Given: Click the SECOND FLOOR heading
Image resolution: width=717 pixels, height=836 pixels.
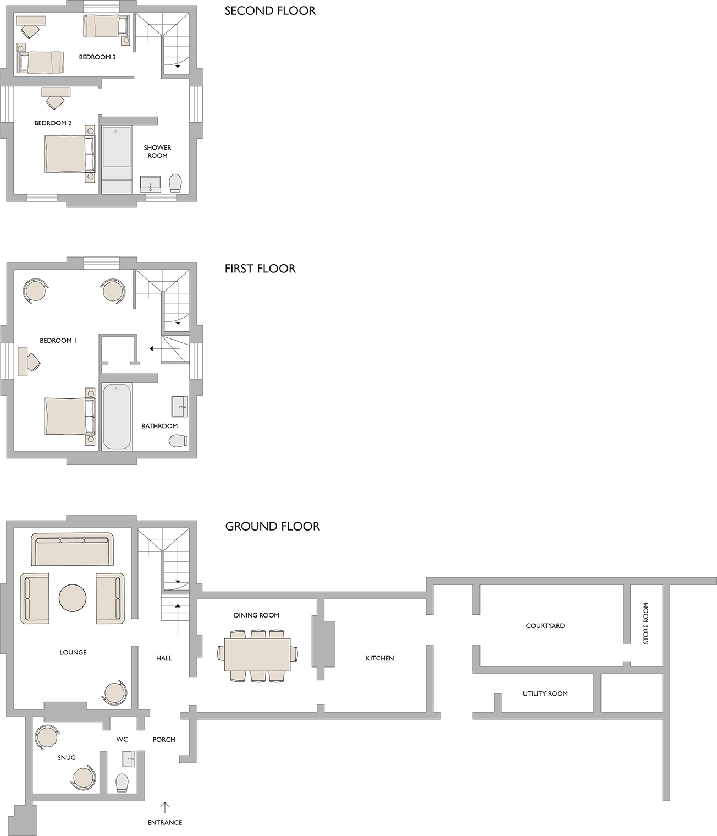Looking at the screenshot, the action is pos(270,11).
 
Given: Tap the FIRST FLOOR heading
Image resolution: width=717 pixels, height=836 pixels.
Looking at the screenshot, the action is pos(260,269).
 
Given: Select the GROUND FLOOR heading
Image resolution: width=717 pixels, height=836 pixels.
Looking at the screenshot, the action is pos(272,526).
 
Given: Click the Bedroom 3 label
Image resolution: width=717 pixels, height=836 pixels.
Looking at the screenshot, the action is pos(97,57).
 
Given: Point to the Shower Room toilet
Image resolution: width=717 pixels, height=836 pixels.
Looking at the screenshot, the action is pos(175,183).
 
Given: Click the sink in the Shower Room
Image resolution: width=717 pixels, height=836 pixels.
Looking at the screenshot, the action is pos(150,184).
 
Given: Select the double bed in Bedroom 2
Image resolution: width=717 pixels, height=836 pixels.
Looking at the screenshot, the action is pos(69,154).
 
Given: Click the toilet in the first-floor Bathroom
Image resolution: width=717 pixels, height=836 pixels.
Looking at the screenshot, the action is pos(178,441).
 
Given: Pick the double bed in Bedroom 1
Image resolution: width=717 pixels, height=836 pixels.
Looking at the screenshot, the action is pos(69,416).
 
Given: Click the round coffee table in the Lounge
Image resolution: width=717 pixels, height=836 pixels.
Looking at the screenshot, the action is pos(73,598).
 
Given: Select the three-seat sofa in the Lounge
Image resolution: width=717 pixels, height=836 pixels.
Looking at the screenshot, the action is pos(73,549).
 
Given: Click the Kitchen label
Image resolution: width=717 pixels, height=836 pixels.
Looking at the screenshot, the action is pos(380,658).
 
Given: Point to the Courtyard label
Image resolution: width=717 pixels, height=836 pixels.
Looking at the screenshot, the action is pos(545,626).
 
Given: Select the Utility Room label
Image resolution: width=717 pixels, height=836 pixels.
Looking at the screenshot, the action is pos(545,693).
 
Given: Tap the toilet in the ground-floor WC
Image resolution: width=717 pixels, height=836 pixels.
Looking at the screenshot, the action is pos(122,783).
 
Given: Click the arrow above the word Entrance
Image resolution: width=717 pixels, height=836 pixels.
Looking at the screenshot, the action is pos(164,807).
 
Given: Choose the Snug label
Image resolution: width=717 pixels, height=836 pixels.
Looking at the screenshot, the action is pos(67,757).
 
